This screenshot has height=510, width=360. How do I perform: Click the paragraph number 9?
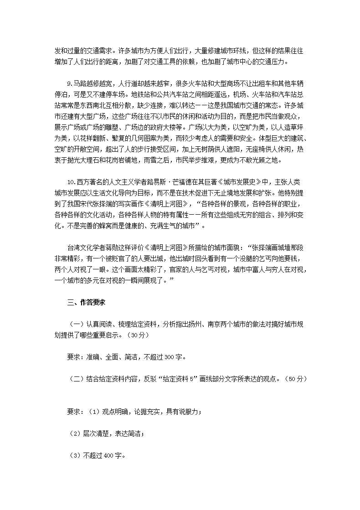(69, 84)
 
